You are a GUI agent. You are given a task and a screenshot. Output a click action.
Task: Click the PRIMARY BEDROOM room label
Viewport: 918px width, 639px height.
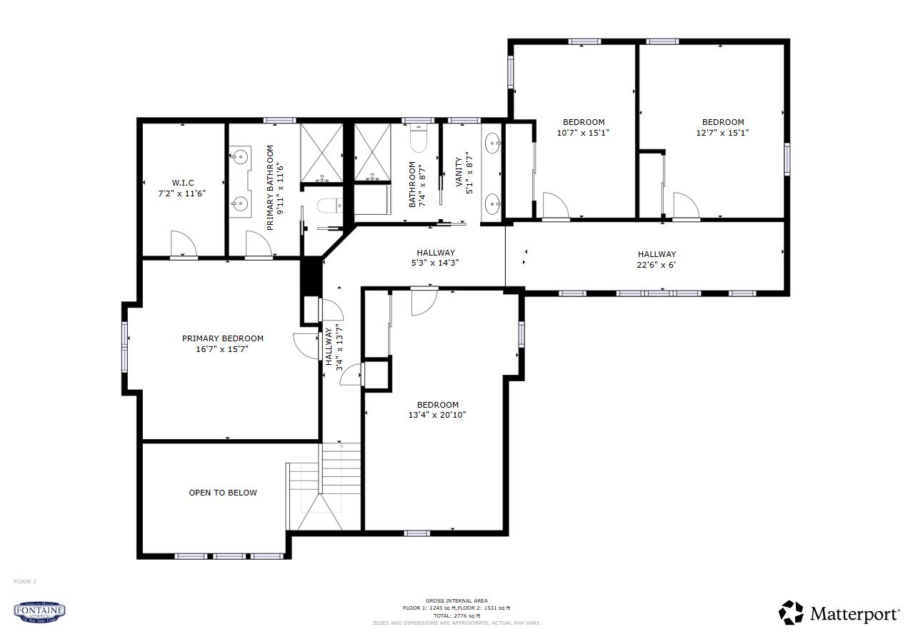pyautogui.click(x=222, y=338)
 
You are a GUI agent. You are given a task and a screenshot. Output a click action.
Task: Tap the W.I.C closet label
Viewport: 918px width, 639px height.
pyautogui.click(x=182, y=183)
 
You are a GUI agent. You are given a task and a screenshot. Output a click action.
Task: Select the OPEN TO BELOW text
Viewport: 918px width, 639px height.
pyautogui.click(x=222, y=493)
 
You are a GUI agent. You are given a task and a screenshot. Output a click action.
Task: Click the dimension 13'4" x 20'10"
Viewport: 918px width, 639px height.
pyautogui.click(x=437, y=415)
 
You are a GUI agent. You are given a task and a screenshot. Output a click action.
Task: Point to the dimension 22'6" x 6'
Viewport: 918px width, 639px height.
pyautogui.click(x=657, y=265)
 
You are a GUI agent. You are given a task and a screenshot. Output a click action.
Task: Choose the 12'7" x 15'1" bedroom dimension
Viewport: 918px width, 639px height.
pyautogui.click(x=722, y=132)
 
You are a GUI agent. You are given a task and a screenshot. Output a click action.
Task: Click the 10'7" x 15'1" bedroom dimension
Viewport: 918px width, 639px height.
pyautogui.click(x=583, y=132)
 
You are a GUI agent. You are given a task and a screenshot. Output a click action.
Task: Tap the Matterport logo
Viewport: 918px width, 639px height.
pyautogui.click(x=839, y=613)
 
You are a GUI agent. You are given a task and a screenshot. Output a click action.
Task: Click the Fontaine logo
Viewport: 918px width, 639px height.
pyautogui.click(x=40, y=611)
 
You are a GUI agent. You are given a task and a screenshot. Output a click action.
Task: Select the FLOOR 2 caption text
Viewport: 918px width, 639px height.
pyautogui.click(x=24, y=581)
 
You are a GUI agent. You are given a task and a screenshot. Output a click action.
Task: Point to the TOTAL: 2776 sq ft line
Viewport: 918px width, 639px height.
pyautogui.click(x=456, y=615)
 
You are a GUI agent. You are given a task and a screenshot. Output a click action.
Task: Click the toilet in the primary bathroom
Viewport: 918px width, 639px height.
pyautogui.click(x=329, y=206)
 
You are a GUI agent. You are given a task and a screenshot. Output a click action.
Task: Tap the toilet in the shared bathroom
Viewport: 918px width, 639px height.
pyautogui.click(x=419, y=139)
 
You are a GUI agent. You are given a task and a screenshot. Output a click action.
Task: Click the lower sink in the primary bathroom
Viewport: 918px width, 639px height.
pyautogui.click(x=239, y=205)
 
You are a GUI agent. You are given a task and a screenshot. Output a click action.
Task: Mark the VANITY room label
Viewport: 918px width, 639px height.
pyautogui.click(x=459, y=171)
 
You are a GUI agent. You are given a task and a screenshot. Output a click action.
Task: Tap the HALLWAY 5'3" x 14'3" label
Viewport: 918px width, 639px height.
pyautogui.click(x=436, y=257)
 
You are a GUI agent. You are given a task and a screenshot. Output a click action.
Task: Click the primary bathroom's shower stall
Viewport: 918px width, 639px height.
pyautogui.click(x=321, y=153)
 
